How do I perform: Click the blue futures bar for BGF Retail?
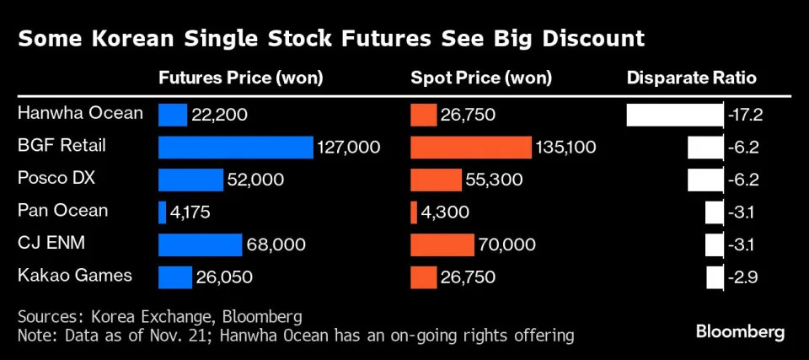click(236, 147)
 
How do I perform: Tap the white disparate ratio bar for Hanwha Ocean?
click(675, 115)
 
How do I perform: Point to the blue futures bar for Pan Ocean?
click(162, 212)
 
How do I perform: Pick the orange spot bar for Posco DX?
click(436, 180)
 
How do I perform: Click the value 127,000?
click(349, 148)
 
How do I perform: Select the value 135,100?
click(565, 148)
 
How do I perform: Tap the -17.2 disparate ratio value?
click(743, 115)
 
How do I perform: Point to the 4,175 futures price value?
click(190, 212)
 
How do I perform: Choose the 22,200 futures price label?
click(220, 115)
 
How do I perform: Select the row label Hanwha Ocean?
click(80, 113)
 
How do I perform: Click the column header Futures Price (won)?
click(241, 78)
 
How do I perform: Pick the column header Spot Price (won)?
click(481, 78)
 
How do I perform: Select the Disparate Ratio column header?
click(691, 78)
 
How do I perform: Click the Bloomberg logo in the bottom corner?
click(740, 331)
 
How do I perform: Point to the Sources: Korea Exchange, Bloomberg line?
click(159, 317)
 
